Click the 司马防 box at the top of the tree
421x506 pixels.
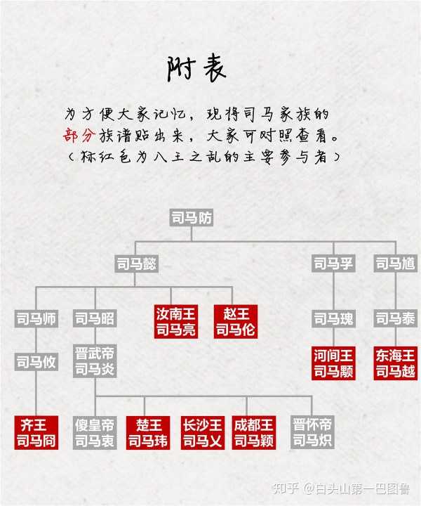(x=192, y=217)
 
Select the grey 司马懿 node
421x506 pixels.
(x=137, y=264)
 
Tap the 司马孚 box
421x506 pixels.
(x=333, y=264)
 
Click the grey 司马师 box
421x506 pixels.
(x=36, y=319)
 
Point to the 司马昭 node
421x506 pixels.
(x=95, y=319)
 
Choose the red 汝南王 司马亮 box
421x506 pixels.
(x=176, y=321)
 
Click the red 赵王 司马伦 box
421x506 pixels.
(x=236, y=321)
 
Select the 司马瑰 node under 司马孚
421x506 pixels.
(x=333, y=319)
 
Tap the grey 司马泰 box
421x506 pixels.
(x=396, y=319)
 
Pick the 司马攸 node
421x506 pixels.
(x=36, y=362)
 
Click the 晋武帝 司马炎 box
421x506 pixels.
(x=95, y=361)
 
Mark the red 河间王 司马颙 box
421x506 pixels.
(x=333, y=363)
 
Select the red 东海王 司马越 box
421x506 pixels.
(x=396, y=363)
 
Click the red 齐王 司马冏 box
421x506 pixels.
(x=36, y=432)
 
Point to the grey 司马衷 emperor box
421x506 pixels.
(x=95, y=432)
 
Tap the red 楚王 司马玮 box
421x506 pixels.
(x=148, y=432)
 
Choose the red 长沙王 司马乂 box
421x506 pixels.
(x=203, y=432)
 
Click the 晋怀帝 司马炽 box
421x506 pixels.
(x=312, y=432)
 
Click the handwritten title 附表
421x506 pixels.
(x=196, y=69)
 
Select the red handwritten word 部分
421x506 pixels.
(x=79, y=136)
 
